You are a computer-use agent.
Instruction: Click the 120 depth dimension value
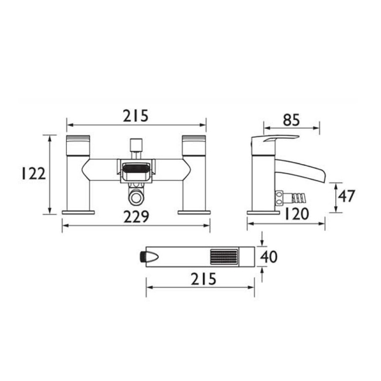click(297, 214)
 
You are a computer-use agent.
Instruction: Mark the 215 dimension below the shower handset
click(203, 280)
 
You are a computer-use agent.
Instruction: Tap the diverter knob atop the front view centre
click(136, 144)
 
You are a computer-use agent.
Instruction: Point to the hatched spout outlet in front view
click(136, 172)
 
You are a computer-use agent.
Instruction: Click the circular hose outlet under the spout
click(136, 196)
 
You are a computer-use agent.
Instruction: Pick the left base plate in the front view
click(79, 211)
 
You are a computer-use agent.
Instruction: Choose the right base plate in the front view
click(193, 211)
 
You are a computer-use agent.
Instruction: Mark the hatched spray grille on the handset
click(223, 257)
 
